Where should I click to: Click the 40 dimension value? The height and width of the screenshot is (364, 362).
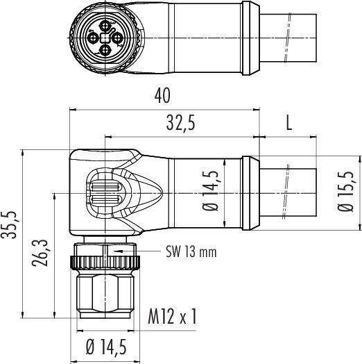162,95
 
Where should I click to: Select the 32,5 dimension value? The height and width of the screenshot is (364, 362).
181,123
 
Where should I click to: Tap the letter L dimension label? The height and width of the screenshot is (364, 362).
288,123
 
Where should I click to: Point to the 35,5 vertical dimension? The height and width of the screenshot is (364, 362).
8,225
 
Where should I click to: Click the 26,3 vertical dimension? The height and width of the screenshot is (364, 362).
40,253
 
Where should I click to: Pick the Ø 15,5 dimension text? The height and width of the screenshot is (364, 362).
346,192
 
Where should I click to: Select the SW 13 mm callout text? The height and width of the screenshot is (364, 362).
191,251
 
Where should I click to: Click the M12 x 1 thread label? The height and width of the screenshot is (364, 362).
172,316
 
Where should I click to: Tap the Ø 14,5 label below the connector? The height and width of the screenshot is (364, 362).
106,347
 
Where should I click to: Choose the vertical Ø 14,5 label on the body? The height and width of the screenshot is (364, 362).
210,191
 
